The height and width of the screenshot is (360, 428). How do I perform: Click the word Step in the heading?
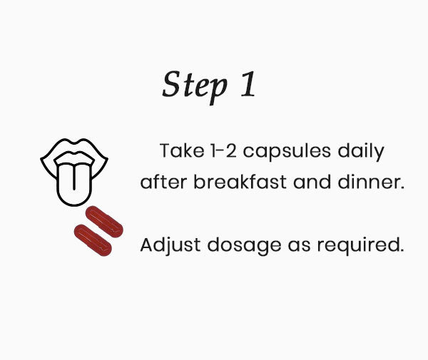[x=195, y=87]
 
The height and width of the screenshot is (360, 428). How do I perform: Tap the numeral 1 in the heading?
[x=248, y=83]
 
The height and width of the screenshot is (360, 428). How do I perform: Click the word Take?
[x=182, y=150]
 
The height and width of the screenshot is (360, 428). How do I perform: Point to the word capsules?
[x=287, y=152]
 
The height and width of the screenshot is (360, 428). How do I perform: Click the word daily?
[x=361, y=152]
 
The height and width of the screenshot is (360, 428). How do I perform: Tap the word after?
[x=163, y=182]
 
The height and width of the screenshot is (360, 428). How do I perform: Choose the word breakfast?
[x=240, y=182]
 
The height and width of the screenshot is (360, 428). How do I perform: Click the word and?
[x=312, y=182]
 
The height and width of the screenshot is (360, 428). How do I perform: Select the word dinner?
[x=371, y=182]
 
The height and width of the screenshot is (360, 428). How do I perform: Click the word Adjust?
[x=170, y=245]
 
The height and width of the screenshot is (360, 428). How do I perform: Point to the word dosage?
[x=244, y=245]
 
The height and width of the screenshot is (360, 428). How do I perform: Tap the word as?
[x=299, y=247]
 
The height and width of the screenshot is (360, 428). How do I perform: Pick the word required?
[x=360, y=245]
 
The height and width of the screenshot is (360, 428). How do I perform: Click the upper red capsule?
[x=104, y=222]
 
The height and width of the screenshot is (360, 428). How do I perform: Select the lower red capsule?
[x=93, y=240]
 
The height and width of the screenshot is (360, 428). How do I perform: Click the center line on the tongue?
[x=74, y=177]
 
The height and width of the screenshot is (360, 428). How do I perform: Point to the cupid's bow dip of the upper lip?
[x=74, y=143]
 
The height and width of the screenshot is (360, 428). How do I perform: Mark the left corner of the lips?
[x=41, y=159]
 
